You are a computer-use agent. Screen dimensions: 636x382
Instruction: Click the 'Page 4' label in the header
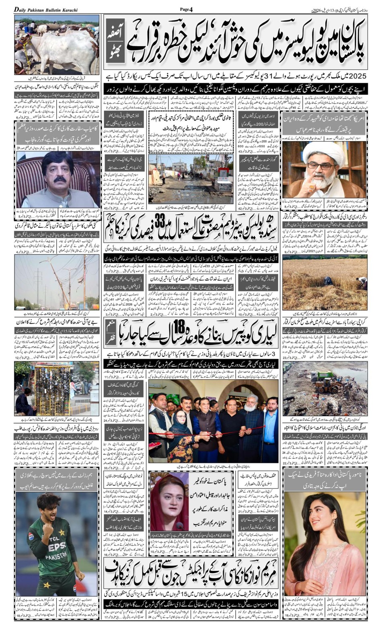coord(186,9)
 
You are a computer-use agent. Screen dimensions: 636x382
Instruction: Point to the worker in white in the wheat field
coord(361,282)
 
